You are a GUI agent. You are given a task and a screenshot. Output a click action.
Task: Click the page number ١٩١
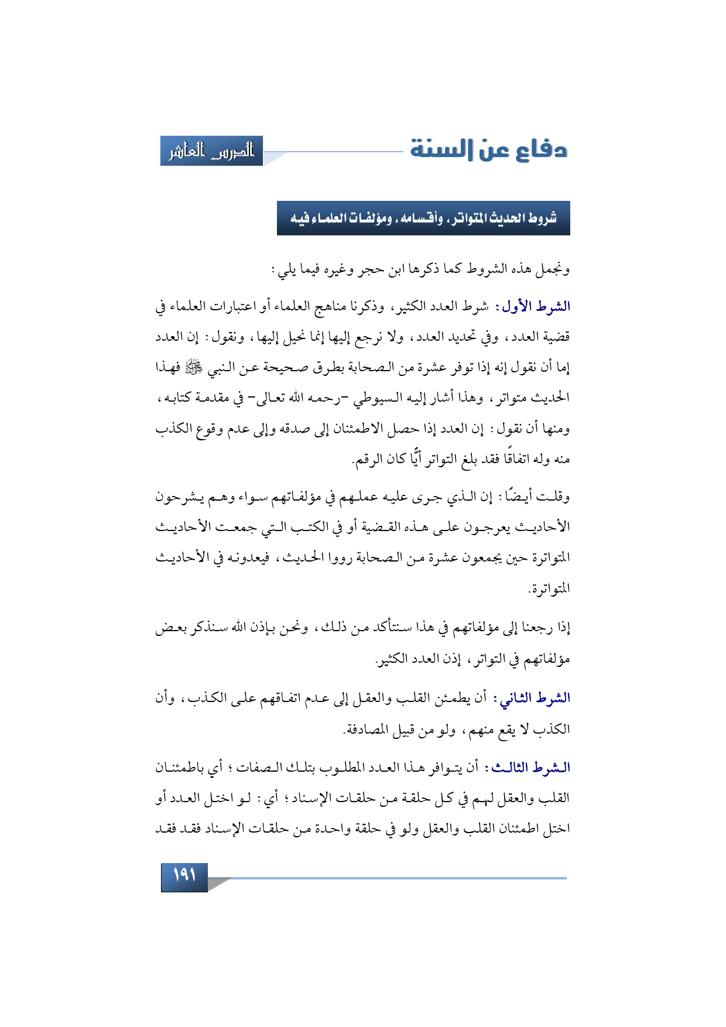coord(184,876)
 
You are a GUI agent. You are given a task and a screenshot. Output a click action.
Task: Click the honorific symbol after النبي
coord(193,367)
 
